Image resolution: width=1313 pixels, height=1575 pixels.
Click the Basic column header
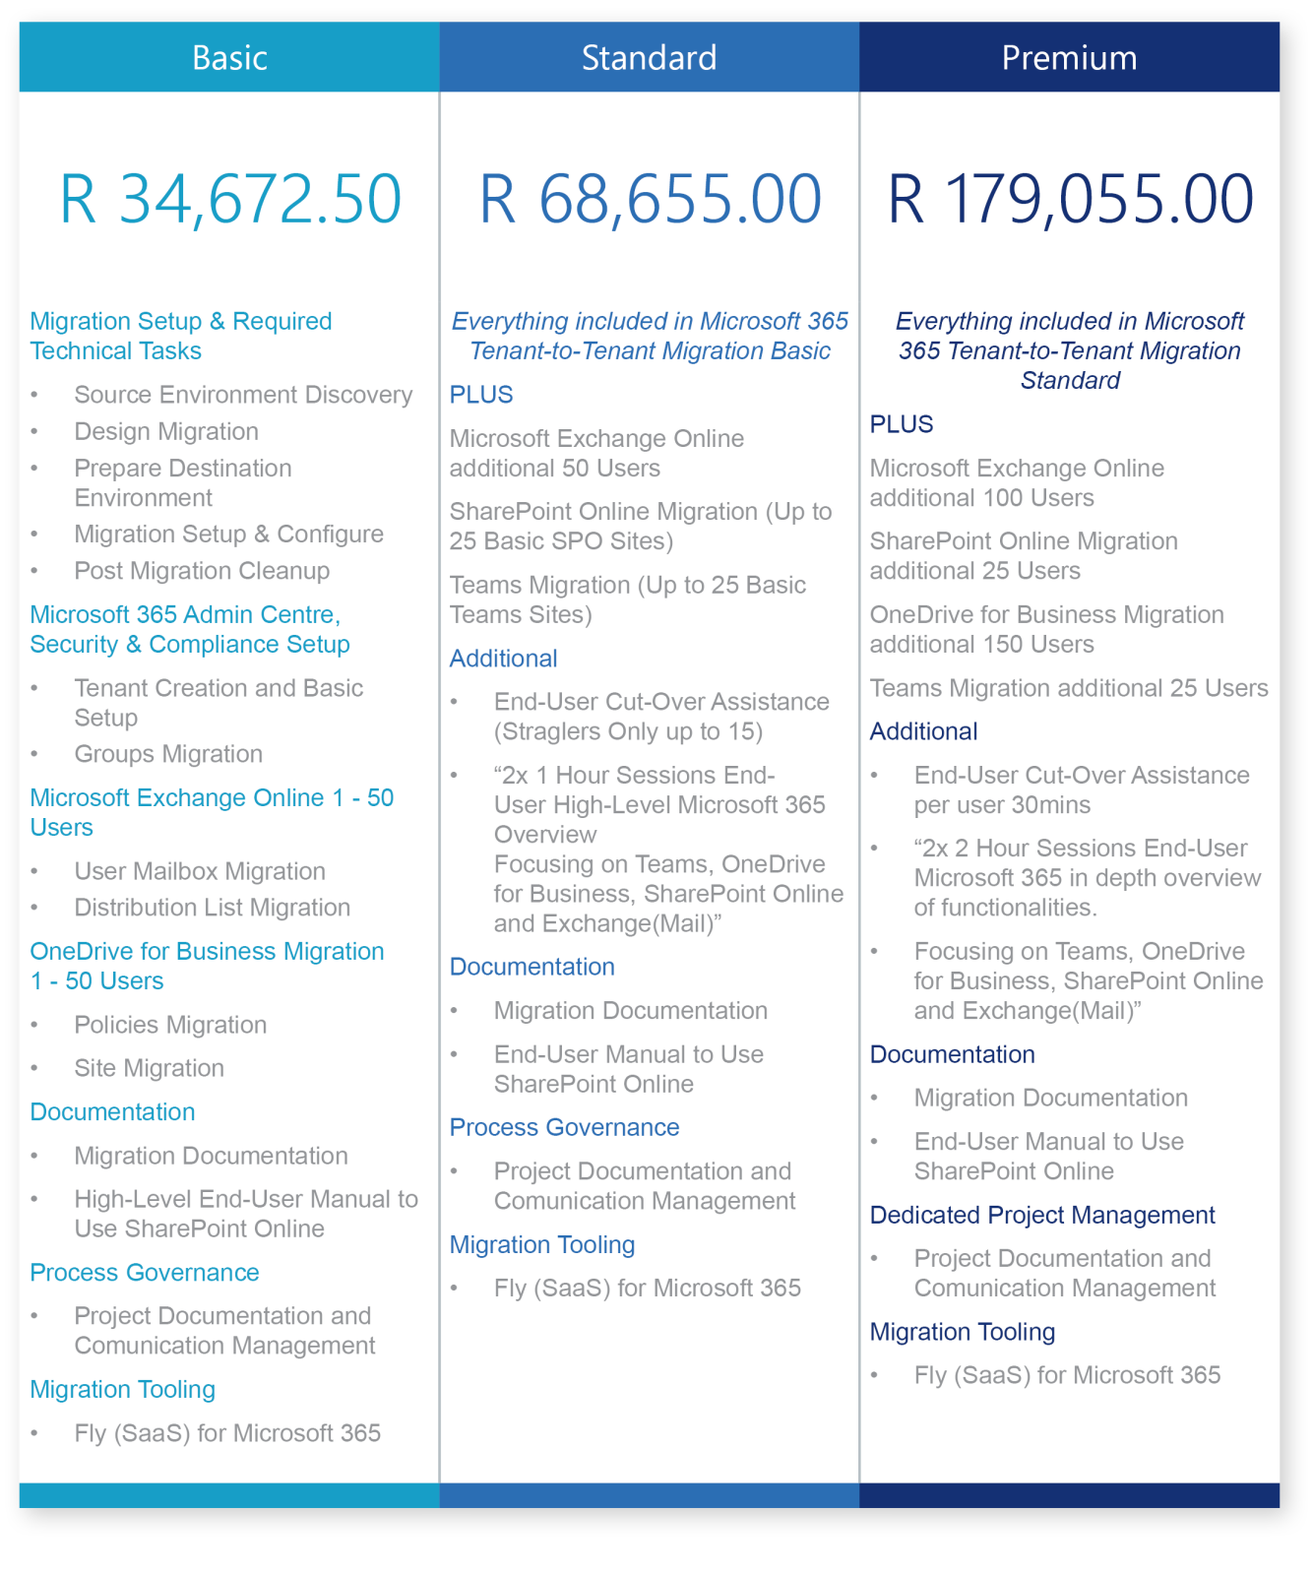[229, 58]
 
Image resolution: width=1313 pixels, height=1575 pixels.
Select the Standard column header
[649, 58]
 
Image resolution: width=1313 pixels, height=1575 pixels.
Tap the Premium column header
[1069, 58]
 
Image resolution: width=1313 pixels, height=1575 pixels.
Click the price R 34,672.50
[230, 200]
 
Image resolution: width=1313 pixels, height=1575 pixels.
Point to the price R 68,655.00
[650, 200]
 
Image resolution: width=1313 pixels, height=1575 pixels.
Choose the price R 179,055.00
[1070, 200]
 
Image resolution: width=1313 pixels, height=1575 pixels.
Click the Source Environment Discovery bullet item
[243, 395]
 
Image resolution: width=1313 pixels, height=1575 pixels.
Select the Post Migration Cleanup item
[202, 571]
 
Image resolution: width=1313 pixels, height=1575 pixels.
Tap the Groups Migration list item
[168, 754]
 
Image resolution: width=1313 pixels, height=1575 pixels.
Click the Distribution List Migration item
[212, 908]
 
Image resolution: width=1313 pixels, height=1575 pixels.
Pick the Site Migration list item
[149, 1068]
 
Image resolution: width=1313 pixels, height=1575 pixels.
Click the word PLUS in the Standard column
[481, 395]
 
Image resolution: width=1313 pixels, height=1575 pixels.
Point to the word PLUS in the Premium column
[902, 424]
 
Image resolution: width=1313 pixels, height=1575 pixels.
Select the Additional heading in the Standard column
[503, 659]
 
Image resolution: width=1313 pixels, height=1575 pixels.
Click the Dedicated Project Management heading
[1042, 1216]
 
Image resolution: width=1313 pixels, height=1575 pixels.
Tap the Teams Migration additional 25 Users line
[1069, 688]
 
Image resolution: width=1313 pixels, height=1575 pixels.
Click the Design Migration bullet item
[166, 431]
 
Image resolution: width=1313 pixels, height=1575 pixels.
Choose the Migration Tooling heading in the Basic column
[122, 1390]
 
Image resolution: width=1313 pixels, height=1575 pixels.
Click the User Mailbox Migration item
[200, 871]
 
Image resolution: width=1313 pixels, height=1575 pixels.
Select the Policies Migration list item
[170, 1025]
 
